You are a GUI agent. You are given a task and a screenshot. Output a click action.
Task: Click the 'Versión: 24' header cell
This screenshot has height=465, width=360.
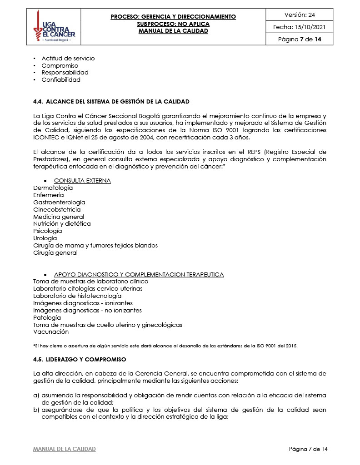300,15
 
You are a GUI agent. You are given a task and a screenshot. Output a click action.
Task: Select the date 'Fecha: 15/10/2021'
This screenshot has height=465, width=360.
300,27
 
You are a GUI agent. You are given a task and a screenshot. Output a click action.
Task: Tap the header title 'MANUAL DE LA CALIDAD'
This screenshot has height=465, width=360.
173,31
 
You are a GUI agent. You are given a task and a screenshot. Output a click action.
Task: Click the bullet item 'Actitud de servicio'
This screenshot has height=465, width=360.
68,59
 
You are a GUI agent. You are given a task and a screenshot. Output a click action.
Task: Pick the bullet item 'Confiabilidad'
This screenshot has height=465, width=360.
61,80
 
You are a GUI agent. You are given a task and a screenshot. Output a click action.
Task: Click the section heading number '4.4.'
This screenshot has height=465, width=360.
39,101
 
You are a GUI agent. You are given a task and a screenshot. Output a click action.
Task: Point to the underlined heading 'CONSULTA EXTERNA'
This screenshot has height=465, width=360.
82,181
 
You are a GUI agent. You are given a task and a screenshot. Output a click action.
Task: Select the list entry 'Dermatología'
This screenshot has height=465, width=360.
53,188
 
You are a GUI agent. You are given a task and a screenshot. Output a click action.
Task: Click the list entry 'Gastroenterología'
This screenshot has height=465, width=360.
59,202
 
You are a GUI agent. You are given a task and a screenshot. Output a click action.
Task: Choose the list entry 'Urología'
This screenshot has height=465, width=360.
45,238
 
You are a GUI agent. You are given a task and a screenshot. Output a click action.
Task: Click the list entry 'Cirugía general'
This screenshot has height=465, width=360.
55,253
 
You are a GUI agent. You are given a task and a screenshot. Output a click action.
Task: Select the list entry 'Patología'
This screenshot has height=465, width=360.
47,318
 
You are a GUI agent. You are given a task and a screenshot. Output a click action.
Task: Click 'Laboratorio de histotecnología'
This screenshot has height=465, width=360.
77,296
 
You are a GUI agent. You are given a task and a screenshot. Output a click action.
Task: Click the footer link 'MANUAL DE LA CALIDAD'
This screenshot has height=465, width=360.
65,449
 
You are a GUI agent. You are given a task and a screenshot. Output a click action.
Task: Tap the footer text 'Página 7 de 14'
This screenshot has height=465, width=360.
308,449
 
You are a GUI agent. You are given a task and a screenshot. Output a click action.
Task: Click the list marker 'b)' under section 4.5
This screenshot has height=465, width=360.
36,410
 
